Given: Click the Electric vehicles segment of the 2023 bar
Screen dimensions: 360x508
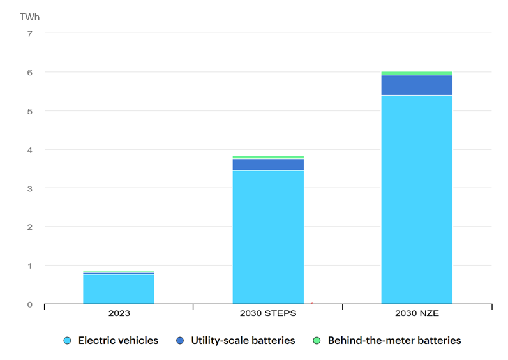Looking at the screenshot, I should (x=119, y=289).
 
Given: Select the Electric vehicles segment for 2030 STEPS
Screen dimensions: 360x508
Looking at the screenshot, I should (x=268, y=236).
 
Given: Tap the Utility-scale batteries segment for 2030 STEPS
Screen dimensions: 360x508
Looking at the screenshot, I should (x=268, y=164).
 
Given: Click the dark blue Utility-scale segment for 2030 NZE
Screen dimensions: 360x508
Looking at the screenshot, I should (x=417, y=85).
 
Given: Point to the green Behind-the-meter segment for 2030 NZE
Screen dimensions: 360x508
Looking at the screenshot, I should (x=417, y=73).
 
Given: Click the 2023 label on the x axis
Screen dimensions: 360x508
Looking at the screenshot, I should (x=119, y=314).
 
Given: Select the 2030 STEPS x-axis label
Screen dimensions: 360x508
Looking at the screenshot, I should (x=268, y=314).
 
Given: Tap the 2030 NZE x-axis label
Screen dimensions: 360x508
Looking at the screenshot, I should (x=417, y=314).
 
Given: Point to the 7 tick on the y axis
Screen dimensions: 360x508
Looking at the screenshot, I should (x=29, y=34).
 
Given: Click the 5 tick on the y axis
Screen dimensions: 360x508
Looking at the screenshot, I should (x=29, y=111).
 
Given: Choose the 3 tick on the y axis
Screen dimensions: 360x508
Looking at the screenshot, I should (x=29, y=188).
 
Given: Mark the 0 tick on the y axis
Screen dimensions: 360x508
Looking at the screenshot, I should (x=29, y=304).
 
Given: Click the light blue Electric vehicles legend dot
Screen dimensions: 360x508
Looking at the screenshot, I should (x=67, y=341).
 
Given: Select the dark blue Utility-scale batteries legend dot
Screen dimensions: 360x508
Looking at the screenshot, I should (x=180, y=341).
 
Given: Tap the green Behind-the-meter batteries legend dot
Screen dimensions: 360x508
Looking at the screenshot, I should (x=317, y=341).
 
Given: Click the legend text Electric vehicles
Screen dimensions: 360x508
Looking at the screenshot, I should (x=118, y=341).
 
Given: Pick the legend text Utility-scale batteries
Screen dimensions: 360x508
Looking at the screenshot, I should (x=243, y=341).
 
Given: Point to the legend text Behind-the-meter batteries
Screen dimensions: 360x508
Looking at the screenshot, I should (x=394, y=341).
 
